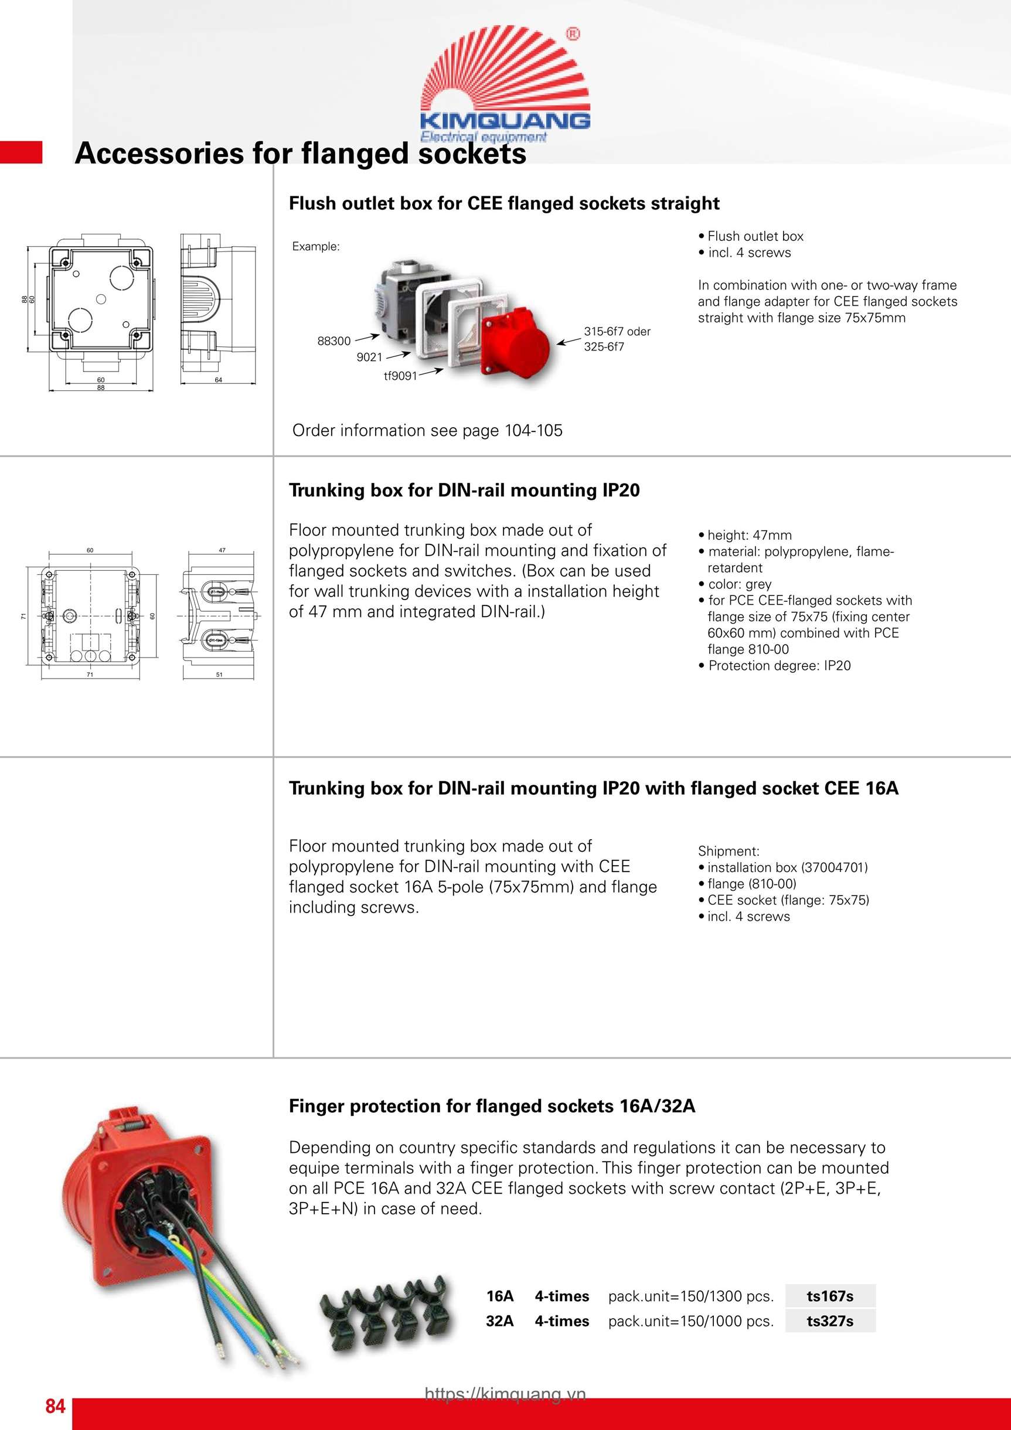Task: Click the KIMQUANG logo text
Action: coord(505,120)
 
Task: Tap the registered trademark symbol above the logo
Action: coord(573,34)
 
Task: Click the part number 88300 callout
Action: coord(334,341)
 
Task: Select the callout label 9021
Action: coord(369,357)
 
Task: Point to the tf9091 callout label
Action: coord(400,376)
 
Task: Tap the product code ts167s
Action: coord(830,1296)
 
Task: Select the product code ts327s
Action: coord(830,1321)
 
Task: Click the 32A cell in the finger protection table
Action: coord(499,1321)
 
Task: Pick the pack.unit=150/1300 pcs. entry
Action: coord(691,1296)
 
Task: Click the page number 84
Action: coord(55,1406)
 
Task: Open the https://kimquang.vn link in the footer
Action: coord(505,1394)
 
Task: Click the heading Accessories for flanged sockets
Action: coord(300,153)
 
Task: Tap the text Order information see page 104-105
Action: coord(427,430)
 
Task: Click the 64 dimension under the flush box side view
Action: coord(219,380)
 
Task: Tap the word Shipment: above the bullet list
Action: coord(728,851)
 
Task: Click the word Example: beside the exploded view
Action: coord(316,247)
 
